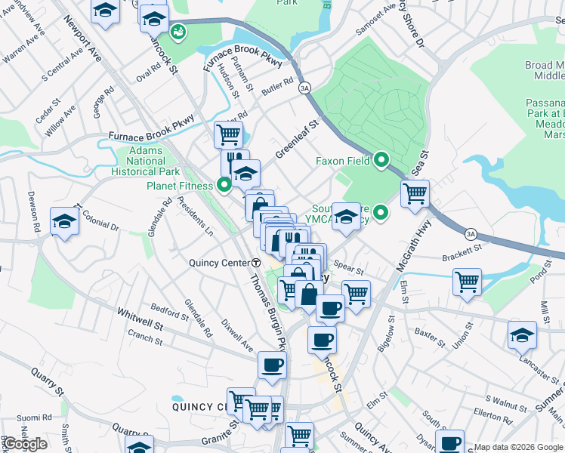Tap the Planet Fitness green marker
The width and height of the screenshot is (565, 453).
click(224, 185)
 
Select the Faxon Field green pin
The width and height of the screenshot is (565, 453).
click(382, 160)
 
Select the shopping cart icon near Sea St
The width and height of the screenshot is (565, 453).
click(415, 193)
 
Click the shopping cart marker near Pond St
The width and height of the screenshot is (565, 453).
click(468, 282)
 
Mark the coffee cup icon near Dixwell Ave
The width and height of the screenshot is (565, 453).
click(273, 365)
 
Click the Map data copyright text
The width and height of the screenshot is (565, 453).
click(517, 447)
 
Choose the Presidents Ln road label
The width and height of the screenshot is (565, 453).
click(194, 217)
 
